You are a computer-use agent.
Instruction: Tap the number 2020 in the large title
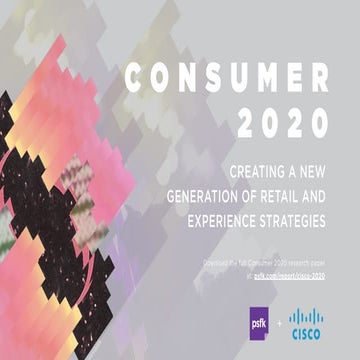click(289, 123)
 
